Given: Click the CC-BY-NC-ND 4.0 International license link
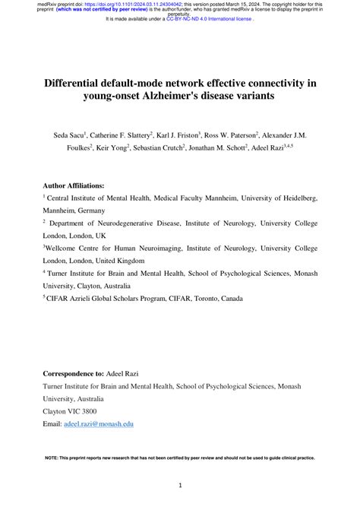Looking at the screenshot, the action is coord(209,19).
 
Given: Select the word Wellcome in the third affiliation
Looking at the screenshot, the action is coord(62,249).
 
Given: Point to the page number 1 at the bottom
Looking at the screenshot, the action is coord(180,485).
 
